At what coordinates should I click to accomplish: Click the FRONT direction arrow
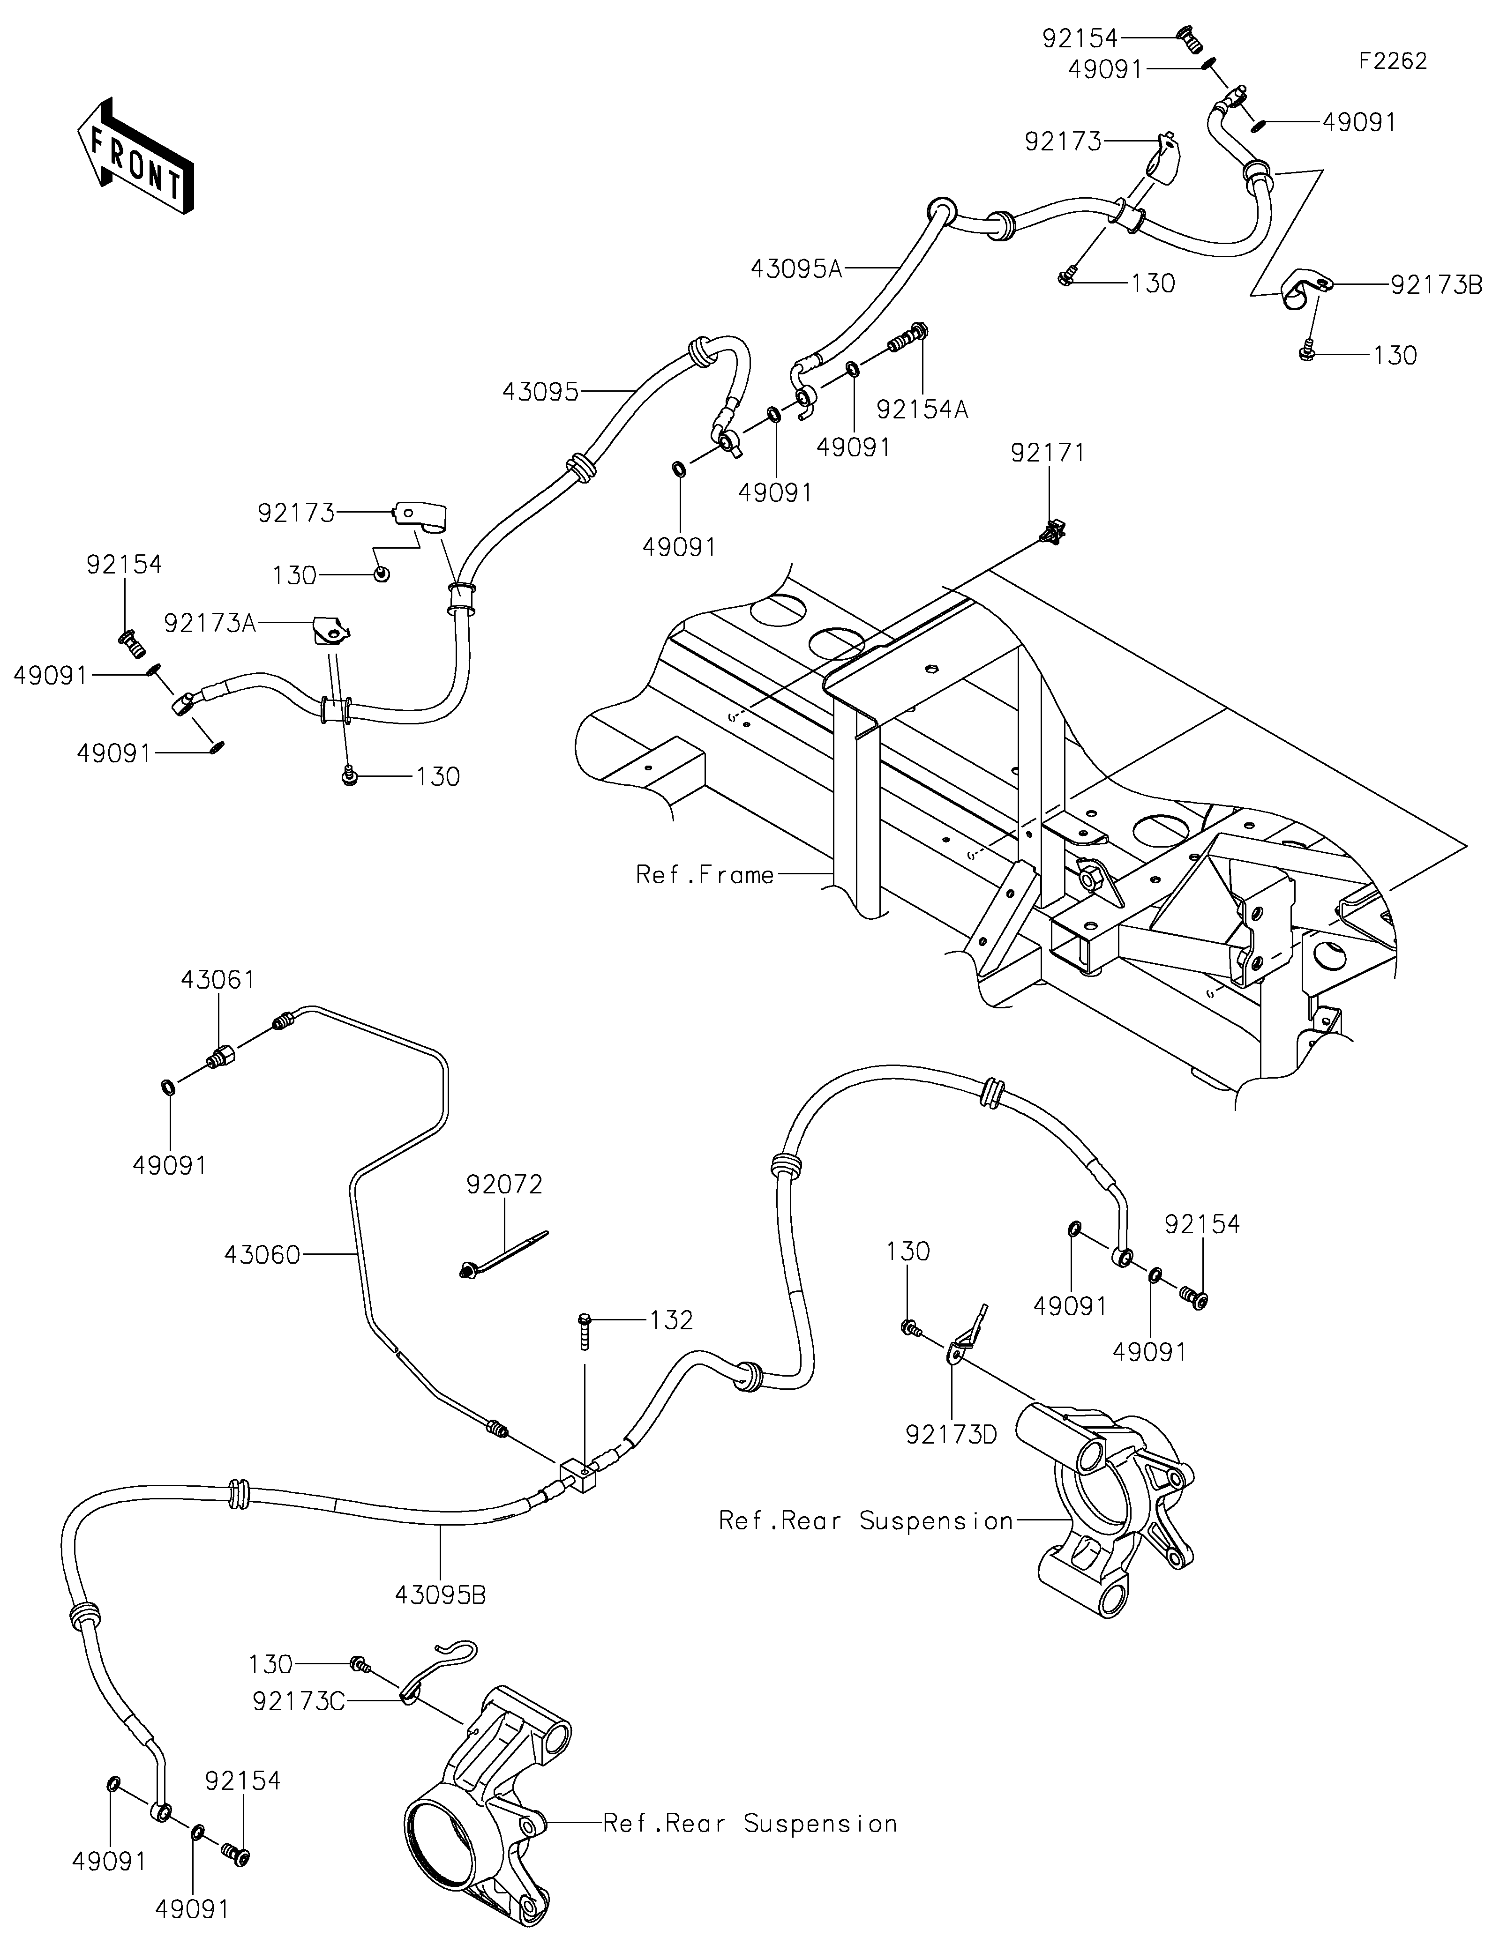135,155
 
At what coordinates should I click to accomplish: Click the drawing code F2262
1392,61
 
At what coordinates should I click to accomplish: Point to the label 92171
1048,453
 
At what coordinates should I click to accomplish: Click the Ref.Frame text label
705,875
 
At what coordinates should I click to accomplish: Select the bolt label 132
671,1320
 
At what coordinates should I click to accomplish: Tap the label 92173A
210,624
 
